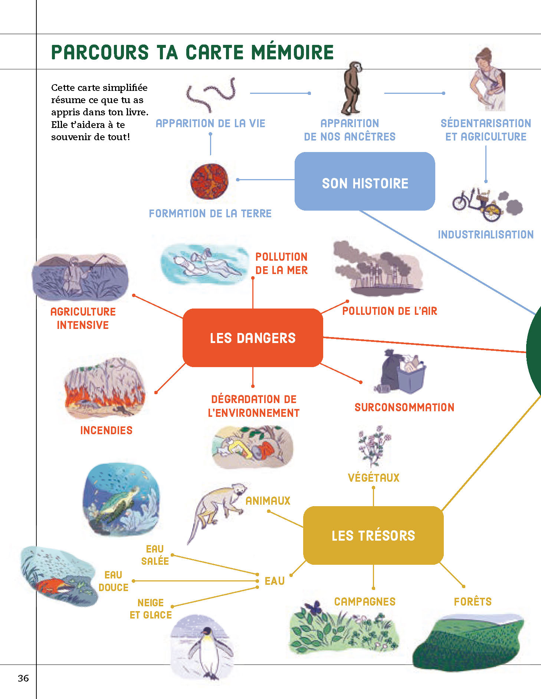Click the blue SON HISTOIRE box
tap(364, 182)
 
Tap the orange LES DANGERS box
tap(253, 337)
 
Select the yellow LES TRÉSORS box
tap(373, 535)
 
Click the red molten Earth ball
tap(209, 181)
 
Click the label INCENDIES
tap(106, 430)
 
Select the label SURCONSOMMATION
tap(404, 407)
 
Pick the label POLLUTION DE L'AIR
tap(390, 311)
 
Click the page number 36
tap(23, 678)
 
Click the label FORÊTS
tap(473, 601)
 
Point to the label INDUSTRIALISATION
tap(486, 234)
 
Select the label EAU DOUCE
tap(114, 581)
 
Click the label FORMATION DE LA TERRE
tap(210, 213)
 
